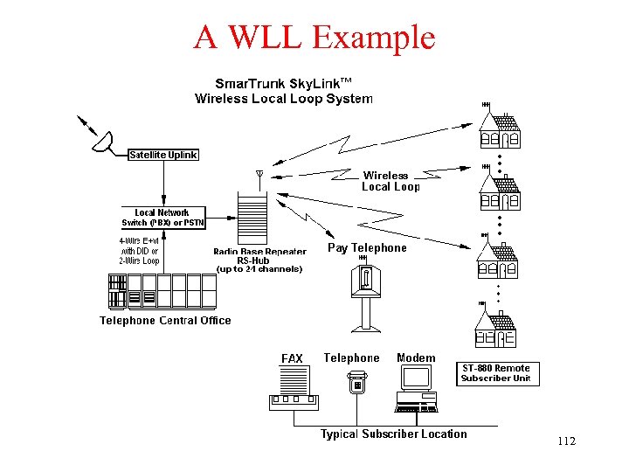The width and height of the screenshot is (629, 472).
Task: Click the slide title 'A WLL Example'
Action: [314, 37]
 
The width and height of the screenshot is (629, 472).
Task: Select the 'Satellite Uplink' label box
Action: [163, 155]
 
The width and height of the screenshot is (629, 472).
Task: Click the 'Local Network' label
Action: [162, 212]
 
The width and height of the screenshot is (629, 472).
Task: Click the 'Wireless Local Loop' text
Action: [390, 181]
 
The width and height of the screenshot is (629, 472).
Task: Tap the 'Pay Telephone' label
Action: [367, 248]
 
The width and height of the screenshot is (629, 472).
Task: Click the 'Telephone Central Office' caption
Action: [165, 320]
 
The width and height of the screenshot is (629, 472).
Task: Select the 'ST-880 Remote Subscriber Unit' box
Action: [495, 373]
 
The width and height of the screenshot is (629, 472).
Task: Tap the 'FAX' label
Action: [292, 358]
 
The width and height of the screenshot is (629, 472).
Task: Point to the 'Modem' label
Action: [416, 357]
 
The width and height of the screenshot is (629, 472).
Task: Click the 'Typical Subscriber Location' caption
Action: [393, 434]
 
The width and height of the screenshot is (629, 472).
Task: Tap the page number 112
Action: [566, 441]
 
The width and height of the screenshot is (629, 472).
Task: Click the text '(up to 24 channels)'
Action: [259, 269]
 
